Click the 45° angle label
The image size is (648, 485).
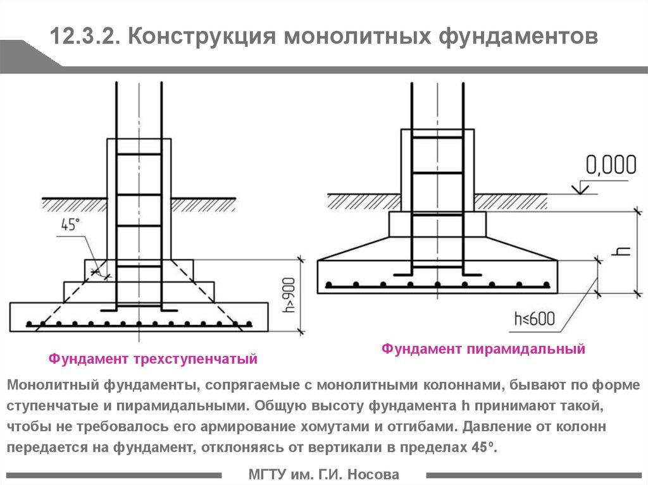tap(70, 224)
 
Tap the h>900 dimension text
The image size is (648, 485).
tap(289, 295)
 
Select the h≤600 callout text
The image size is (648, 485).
tap(534, 319)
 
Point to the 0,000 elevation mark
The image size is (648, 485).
tap(611, 164)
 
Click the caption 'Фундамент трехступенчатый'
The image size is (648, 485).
tap(153, 359)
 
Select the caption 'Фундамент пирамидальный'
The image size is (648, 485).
tap(483, 349)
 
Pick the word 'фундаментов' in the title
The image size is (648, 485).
tap(518, 37)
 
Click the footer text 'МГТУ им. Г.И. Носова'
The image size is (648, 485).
tap(324, 474)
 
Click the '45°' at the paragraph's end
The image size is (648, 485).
tap(483, 448)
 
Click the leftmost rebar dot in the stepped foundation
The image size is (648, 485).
tap(29, 324)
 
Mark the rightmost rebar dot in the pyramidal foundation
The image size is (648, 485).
tap(546, 285)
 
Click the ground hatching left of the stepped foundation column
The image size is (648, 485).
tap(75, 205)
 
